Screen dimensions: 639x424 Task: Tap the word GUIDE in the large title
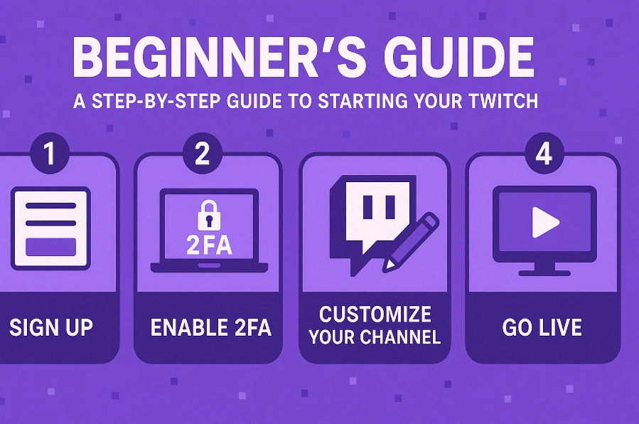(458, 57)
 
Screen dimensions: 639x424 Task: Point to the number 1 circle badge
(50, 154)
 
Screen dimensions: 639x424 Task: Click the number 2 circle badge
(202, 154)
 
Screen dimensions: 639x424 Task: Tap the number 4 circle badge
(544, 154)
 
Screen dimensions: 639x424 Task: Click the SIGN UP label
(51, 328)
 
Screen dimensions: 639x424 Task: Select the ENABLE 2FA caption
(210, 328)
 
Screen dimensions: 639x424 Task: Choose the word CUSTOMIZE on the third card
(375, 314)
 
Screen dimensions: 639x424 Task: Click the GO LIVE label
(542, 328)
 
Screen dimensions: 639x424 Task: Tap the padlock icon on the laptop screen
(209, 214)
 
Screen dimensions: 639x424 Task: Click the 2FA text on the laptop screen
(209, 245)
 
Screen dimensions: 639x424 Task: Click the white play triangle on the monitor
(545, 223)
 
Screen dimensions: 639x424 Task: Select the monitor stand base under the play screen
(544, 272)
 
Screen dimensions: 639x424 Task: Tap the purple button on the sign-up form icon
(51, 247)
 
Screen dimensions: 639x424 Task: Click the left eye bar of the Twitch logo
(368, 206)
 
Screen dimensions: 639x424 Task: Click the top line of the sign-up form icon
(51, 206)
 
